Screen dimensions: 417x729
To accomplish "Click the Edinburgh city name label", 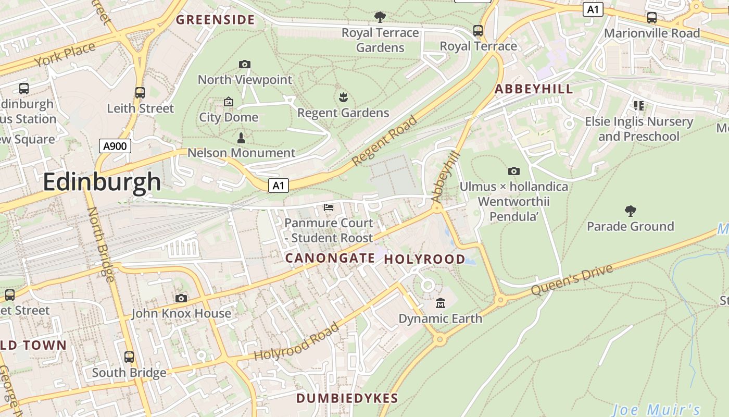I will pos(102,182).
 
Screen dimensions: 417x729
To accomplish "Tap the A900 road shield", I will pos(115,146).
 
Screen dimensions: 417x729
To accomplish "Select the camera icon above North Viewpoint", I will pos(244,65).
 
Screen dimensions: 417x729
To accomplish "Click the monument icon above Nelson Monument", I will pos(241,138).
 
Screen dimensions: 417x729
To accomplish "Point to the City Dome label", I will pos(229,117).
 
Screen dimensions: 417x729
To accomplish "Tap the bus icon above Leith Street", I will pos(140,93).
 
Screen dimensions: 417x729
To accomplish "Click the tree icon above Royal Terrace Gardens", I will pos(380,17).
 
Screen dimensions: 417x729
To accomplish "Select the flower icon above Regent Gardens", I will pos(343,97).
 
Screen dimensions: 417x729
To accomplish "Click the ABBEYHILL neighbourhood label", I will pos(534,89).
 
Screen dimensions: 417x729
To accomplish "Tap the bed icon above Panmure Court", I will pos(329,207).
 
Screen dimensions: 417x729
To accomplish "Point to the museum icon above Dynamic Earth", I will pos(441,303).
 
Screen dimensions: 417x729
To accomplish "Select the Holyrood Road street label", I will pos(297,342).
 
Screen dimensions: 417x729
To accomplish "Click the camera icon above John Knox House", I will pos(181,298).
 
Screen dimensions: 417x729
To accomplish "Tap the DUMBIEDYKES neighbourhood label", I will pos(347,398).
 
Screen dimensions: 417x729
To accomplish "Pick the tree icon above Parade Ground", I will pos(630,211).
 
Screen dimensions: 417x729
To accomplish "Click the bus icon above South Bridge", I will pos(129,357).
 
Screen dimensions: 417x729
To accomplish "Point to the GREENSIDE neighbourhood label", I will pos(215,20).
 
